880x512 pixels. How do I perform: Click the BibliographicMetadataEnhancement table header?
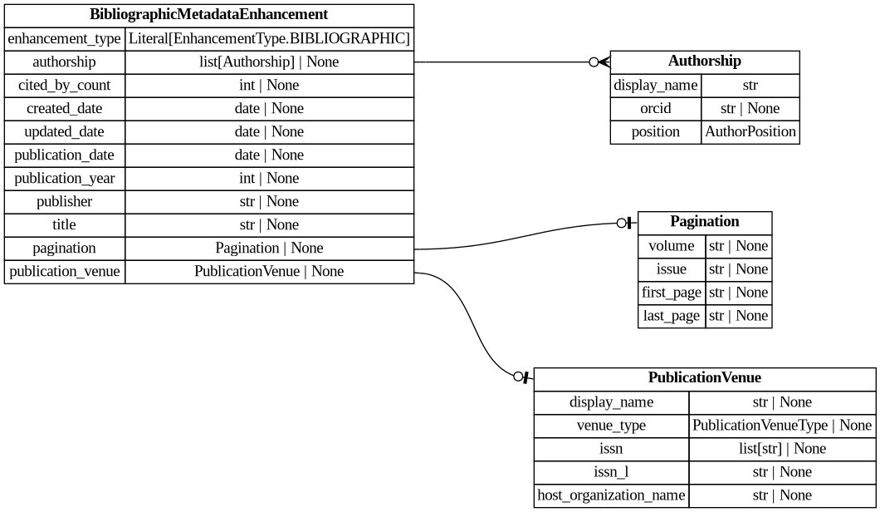coord(208,15)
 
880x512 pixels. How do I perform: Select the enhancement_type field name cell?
coord(65,39)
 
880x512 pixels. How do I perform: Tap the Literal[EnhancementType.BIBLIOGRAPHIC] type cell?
coord(269,39)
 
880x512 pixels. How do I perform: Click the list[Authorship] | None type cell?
coord(269,62)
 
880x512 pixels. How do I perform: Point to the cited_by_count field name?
coord(65,86)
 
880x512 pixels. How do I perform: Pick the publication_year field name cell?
coord(65,179)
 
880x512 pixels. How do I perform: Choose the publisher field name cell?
coord(65,202)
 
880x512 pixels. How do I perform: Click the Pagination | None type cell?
coord(269,249)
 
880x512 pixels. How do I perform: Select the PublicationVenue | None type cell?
coord(269,272)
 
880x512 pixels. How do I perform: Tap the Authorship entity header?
coord(704,62)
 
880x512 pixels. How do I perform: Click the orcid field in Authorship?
coord(655,109)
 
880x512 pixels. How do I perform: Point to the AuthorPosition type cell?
coord(750,132)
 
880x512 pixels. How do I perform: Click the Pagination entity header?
coord(704,222)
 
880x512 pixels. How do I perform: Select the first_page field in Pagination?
coord(671,293)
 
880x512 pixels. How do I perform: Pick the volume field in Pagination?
coord(671,246)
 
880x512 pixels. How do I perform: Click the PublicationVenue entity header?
coord(704,378)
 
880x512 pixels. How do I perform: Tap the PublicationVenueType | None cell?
coord(781,426)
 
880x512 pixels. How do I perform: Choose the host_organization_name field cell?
coord(611,495)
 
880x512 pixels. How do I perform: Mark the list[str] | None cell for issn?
coord(781,449)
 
